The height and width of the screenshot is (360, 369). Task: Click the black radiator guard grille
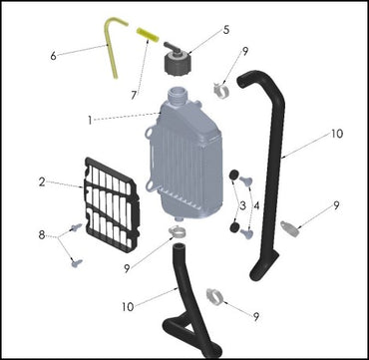pos(111,204)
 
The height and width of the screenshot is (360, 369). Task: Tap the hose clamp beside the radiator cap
pos(221,90)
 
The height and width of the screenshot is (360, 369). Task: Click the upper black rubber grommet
pos(234,175)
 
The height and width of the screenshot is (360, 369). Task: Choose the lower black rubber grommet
pos(234,228)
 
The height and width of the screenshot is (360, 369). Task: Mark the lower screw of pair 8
pos(77,263)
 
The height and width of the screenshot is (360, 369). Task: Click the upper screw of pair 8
pos(76,227)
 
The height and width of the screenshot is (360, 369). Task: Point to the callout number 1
pos(90,120)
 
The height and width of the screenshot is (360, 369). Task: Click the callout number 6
pos(53,56)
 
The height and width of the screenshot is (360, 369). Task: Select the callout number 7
pos(134,96)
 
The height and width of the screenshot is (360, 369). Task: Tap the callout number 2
pos(42,181)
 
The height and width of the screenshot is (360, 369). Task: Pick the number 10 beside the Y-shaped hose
pos(128,306)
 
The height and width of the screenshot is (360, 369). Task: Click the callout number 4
pos(256,205)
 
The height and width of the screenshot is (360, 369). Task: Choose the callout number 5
pos(226,30)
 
